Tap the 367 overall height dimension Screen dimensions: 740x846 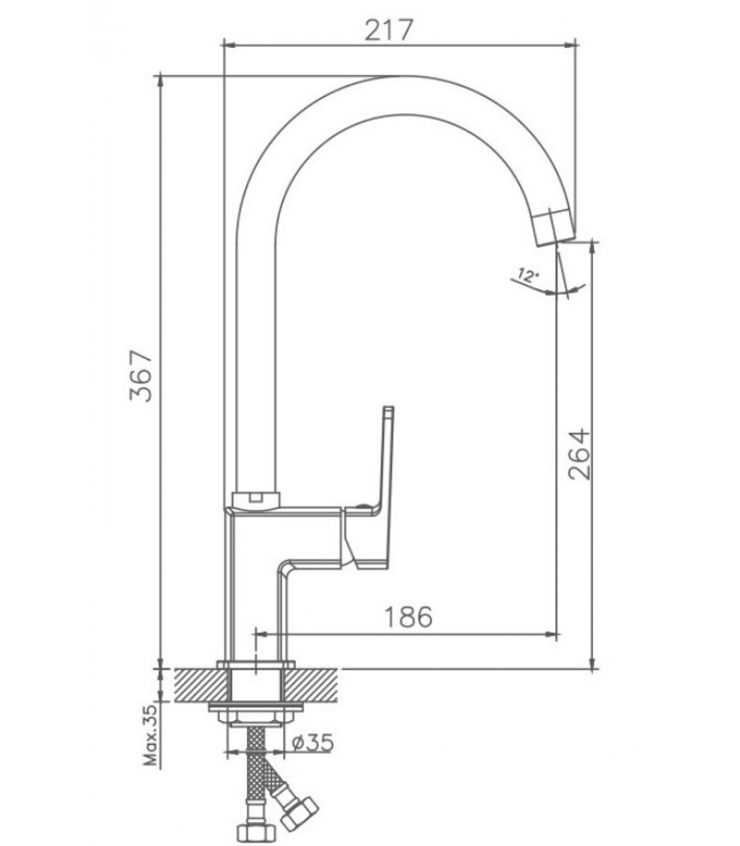141,375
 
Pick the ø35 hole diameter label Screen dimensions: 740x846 313,743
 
